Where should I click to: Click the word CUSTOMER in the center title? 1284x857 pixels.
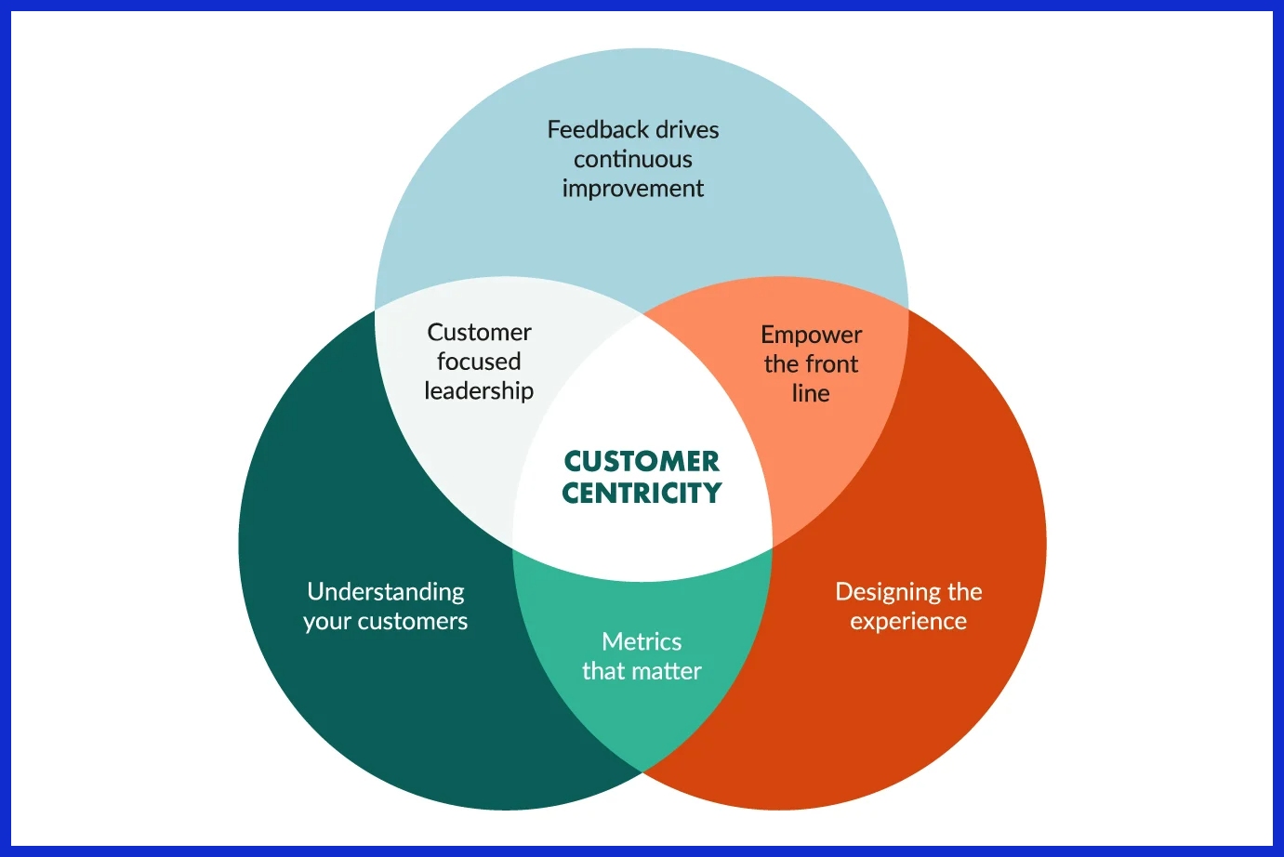click(642, 461)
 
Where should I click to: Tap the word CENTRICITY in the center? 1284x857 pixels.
click(642, 493)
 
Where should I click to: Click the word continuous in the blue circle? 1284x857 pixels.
click(633, 159)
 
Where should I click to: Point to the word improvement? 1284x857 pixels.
click(633, 189)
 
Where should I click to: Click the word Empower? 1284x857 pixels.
click(811, 335)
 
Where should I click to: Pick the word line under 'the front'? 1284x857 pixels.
click(811, 393)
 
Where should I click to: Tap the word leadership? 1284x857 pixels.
click(479, 391)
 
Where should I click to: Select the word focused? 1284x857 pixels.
click(479, 362)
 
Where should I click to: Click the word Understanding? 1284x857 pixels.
click(386, 592)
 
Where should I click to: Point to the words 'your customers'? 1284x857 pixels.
click(386, 621)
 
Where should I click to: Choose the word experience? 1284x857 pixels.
click(908, 622)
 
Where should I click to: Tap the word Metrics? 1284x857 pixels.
click(642, 641)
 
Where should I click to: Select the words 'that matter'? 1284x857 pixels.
click(642, 671)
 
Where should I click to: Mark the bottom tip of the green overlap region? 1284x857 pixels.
click(642, 771)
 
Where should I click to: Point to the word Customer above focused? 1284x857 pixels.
click(479, 332)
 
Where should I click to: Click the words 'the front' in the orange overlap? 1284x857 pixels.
click(811, 363)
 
